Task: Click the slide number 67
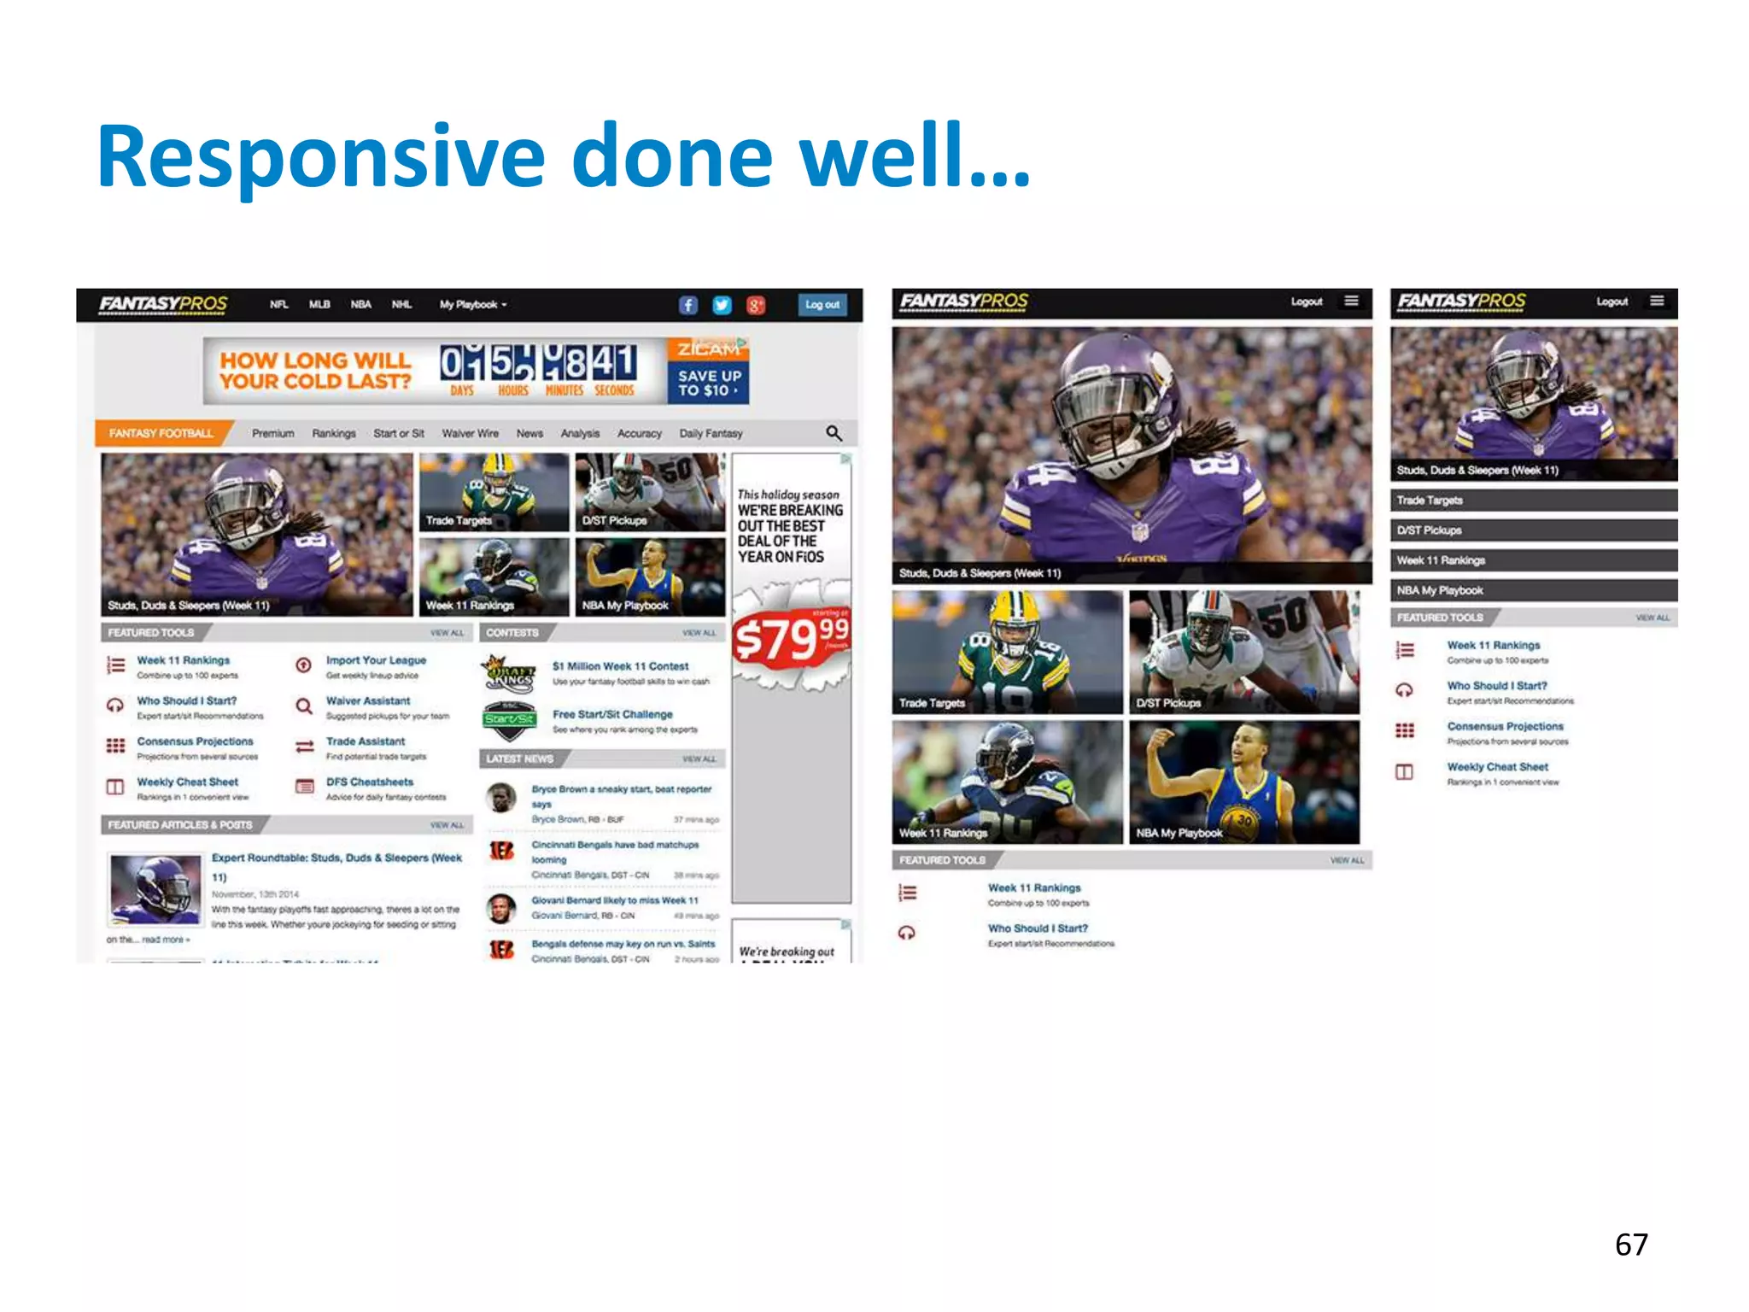tap(1630, 1245)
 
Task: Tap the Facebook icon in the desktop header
tap(688, 305)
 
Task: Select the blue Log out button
tap(822, 305)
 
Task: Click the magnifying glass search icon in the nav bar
tap(834, 433)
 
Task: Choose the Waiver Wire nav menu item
tap(470, 433)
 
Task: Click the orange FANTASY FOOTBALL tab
tap(161, 433)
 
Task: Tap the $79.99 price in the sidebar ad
tap(791, 638)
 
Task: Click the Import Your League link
tap(376, 660)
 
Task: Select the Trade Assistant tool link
tap(366, 741)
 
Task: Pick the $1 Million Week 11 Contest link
tap(620, 666)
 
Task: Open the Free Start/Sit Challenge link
tap(612, 714)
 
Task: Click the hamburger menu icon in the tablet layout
tap(1351, 301)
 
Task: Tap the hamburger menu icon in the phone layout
tap(1657, 301)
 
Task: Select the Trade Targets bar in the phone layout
tap(1534, 501)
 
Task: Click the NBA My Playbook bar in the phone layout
tap(1534, 590)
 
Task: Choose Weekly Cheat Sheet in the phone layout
tap(1497, 767)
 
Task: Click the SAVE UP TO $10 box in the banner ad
tap(708, 383)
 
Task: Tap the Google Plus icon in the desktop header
tap(756, 305)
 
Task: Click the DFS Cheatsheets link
tap(369, 782)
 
